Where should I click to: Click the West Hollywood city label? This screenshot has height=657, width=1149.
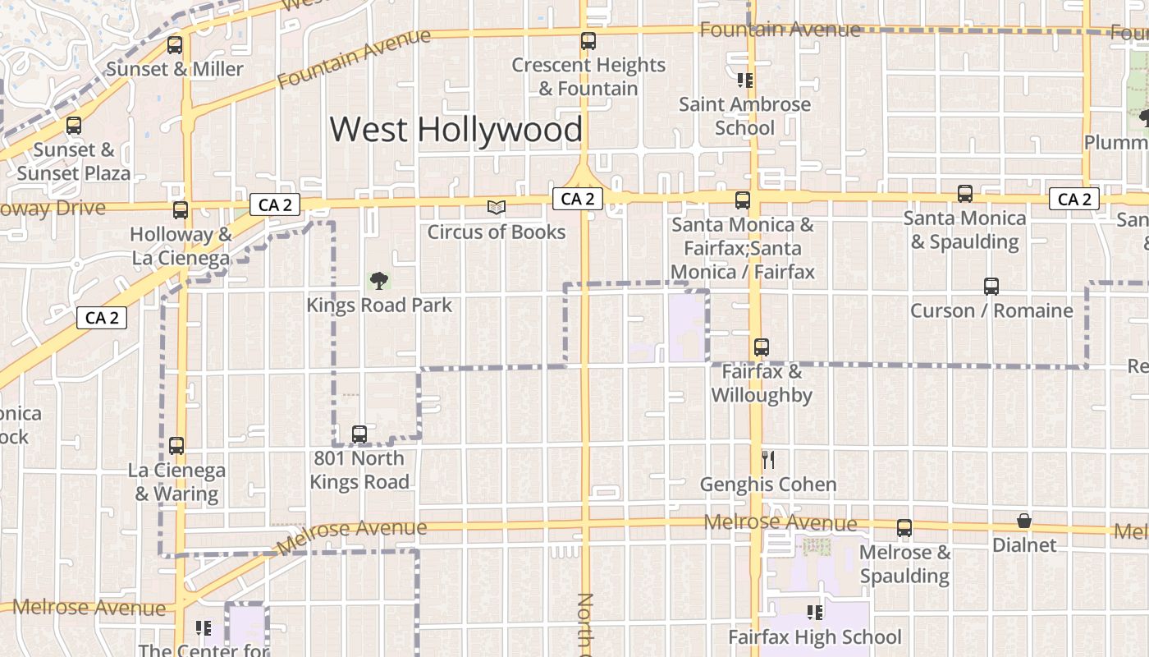click(x=455, y=130)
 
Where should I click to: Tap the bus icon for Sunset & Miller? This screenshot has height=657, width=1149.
click(x=174, y=45)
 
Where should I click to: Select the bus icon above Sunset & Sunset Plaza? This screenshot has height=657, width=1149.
click(x=74, y=126)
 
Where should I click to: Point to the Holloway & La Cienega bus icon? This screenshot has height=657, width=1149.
click(x=181, y=210)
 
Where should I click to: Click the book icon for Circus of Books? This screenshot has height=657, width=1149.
click(x=497, y=207)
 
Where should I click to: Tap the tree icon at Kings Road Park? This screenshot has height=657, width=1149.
click(x=378, y=282)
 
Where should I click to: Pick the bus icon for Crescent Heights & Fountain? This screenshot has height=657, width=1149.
click(x=588, y=41)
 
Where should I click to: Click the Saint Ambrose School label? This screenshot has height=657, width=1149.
click(x=744, y=116)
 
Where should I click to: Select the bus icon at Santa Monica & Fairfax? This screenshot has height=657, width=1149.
click(x=743, y=200)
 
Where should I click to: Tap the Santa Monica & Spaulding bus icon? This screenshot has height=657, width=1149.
click(x=965, y=194)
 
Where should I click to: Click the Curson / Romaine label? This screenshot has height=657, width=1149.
click(x=991, y=310)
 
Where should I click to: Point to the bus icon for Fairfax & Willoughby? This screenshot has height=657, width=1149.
click(x=762, y=347)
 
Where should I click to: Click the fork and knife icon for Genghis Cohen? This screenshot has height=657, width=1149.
click(x=768, y=460)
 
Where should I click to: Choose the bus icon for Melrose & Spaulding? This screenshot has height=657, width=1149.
click(x=904, y=528)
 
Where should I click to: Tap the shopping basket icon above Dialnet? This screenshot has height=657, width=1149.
click(x=1024, y=521)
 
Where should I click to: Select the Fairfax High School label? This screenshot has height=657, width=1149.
click(x=815, y=636)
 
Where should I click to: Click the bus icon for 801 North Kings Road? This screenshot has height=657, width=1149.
click(x=359, y=434)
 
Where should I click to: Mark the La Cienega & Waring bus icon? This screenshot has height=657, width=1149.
click(x=176, y=446)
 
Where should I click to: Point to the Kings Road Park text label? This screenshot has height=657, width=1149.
click(x=378, y=306)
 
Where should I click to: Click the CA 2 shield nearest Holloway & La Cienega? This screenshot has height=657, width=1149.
click(x=274, y=204)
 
